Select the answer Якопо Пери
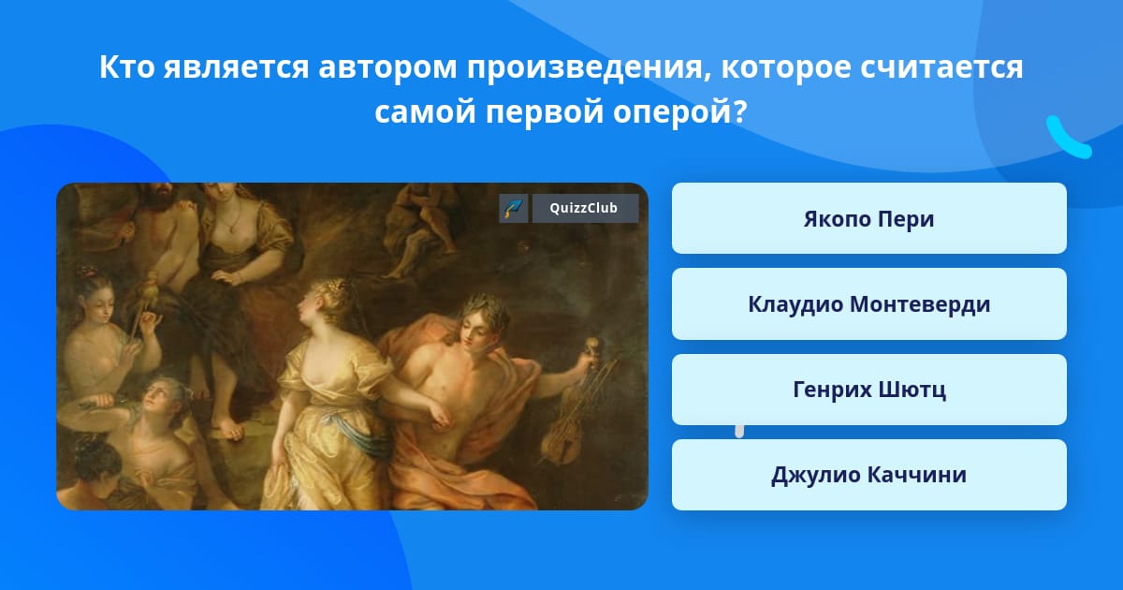pos(868,218)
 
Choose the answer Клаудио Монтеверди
pos(868,304)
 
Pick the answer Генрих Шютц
pos(868,390)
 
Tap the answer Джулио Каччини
pos(868,475)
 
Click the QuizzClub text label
pos(584,208)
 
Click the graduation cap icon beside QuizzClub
pos(514,208)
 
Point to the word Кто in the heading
pos(127,66)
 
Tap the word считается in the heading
pos(941,67)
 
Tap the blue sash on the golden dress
pos(353,432)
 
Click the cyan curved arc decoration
pos(1067,138)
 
